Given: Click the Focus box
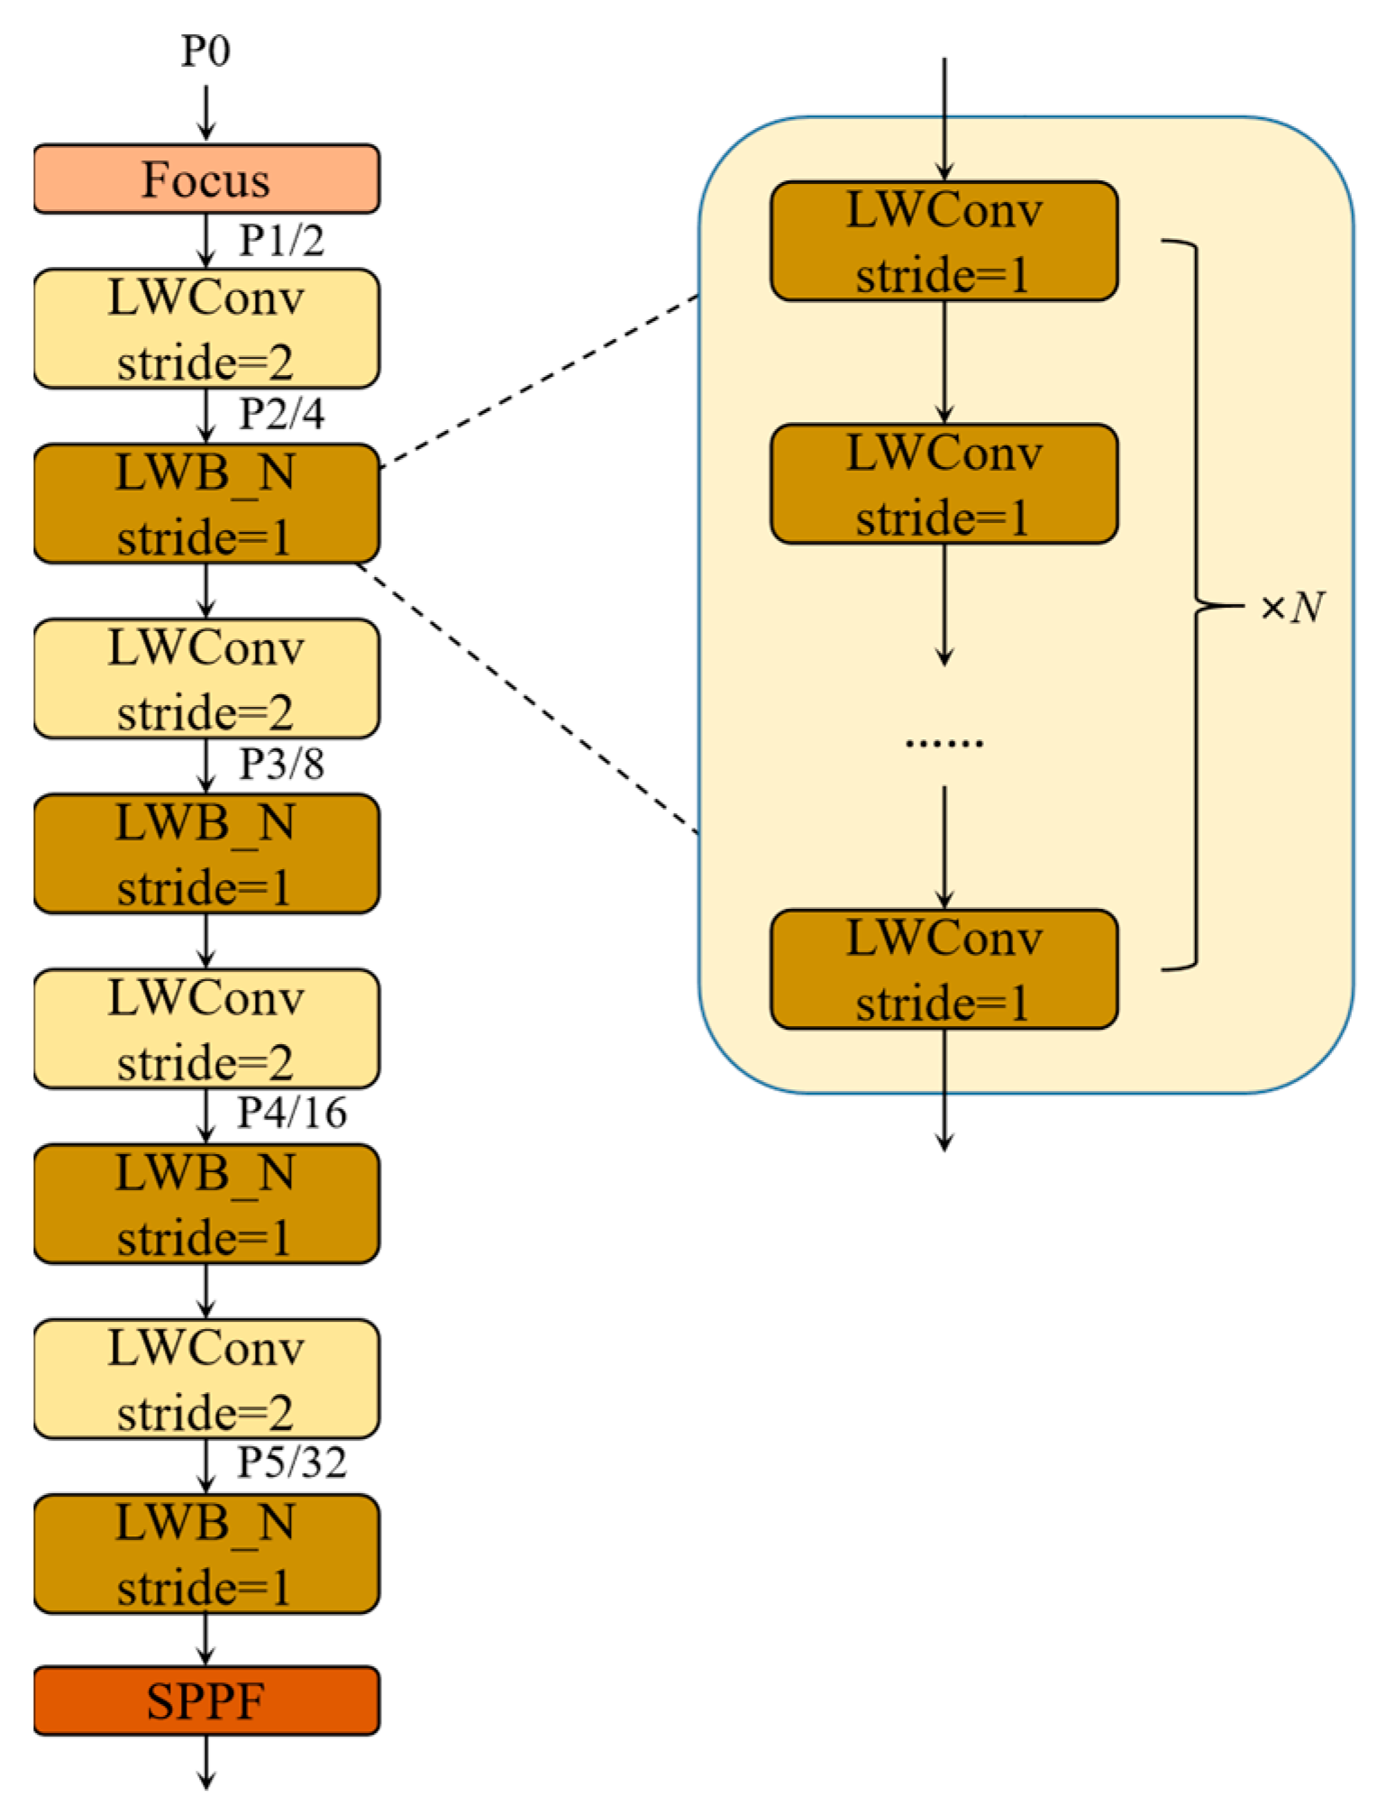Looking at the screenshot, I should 206,179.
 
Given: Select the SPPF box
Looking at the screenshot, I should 206,1700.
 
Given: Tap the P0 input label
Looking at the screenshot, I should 205,50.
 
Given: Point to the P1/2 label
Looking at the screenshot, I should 281,241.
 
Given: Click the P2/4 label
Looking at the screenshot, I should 281,414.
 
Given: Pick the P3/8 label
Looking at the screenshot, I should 281,765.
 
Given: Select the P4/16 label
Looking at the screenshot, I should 291,1113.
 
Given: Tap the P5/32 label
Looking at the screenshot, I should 291,1462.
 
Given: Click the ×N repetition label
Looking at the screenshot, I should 1292,608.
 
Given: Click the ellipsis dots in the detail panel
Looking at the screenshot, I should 944,743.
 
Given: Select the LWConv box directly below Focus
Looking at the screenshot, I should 206,329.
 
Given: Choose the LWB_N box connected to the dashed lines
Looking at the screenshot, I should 206,503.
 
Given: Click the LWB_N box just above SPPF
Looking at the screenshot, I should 206,1554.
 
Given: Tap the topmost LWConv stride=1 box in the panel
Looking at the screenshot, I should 944,241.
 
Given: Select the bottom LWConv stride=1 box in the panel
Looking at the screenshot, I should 944,969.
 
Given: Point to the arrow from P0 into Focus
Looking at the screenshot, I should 206,113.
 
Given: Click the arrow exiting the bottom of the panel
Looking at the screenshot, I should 944,1091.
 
